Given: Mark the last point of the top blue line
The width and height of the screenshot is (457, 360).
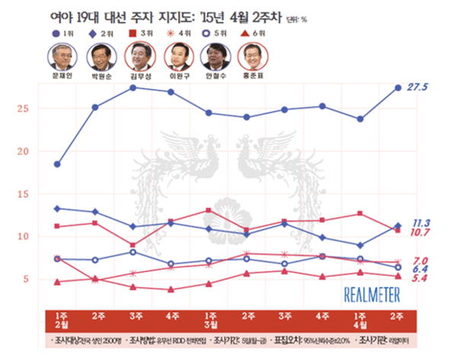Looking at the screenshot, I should pos(398,88).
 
